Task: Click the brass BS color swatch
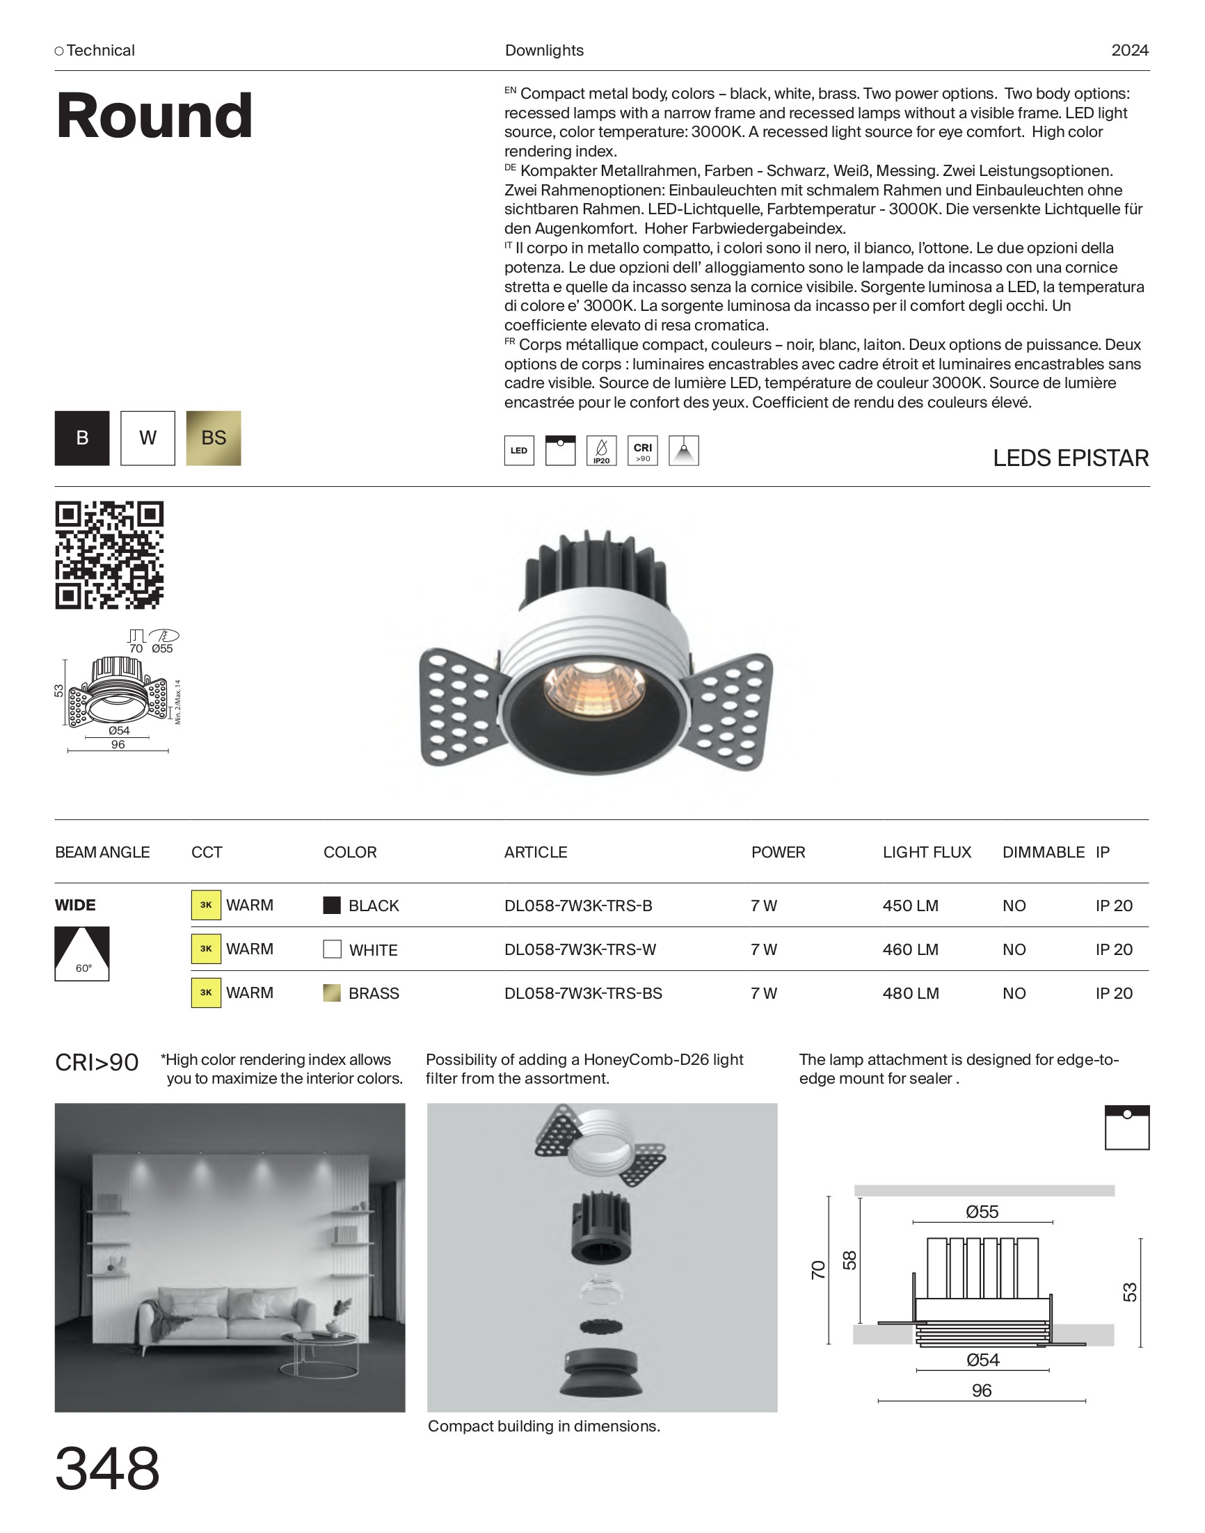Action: point(213,438)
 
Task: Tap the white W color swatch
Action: point(147,438)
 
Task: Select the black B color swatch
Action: point(82,438)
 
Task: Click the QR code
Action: point(109,555)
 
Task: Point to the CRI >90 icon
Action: point(642,451)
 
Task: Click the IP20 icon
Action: point(601,451)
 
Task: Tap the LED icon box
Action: point(518,451)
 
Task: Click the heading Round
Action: point(154,115)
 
